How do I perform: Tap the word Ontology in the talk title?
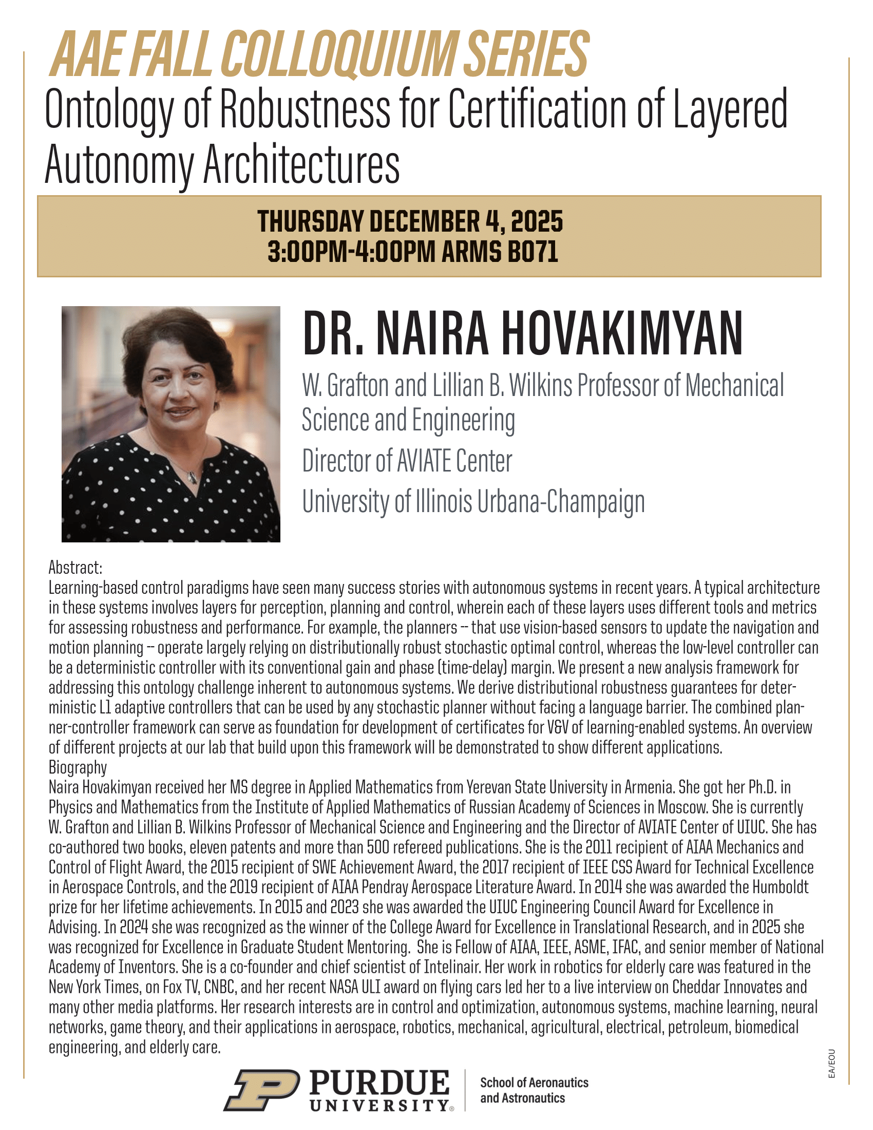pyautogui.click(x=108, y=110)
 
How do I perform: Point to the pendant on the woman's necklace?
pyautogui.click(x=193, y=477)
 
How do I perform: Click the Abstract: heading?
pyautogui.click(x=75, y=568)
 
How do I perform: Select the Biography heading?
pyautogui.click(x=78, y=767)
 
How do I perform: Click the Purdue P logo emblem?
pyautogui.click(x=262, y=1090)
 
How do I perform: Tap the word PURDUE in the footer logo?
pyautogui.click(x=379, y=1083)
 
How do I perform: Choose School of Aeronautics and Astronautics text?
pyautogui.click(x=534, y=1090)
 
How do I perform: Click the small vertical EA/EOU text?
pyautogui.click(x=831, y=1064)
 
